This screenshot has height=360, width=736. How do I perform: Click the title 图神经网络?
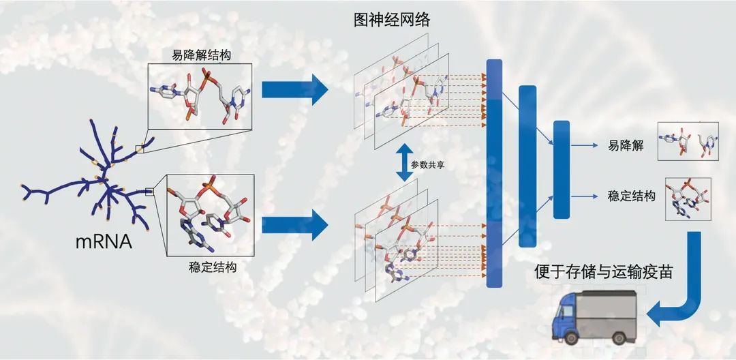pyautogui.click(x=392, y=20)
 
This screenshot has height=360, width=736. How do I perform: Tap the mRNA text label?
pyautogui.click(x=104, y=242)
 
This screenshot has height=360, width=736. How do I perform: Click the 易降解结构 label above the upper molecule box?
pyautogui.click(x=200, y=56)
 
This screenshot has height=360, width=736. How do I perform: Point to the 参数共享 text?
pyautogui.click(x=427, y=165)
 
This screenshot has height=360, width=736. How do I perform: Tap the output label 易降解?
pyautogui.click(x=626, y=146)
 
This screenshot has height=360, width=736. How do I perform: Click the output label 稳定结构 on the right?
pyautogui.click(x=631, y=196)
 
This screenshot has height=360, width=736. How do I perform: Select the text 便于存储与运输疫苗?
pyautogui.click(x=604, y=273)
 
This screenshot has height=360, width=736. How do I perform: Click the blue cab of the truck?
pyautogui.click(x=568, y=316)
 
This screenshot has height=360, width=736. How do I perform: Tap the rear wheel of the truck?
pyautogui.click(x=617, y=337)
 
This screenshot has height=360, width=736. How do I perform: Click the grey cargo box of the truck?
pyautogui.click(x=609, y=311)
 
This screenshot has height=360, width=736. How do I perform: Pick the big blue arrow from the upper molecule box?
pyautogui.click(x=295, y=89)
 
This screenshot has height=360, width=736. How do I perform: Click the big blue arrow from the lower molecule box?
pyautogui.click(x=295, y=225)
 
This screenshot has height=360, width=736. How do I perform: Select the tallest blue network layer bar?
pyautogui.click(x=494, y=173)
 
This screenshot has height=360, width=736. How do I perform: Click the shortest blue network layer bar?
pyautogui.click(x=562, y=170)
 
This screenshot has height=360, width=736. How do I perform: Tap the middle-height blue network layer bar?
pyautogui.click(x=527, y=166)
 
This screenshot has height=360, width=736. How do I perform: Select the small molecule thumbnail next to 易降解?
pyautogui.click(x=688, y=141)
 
